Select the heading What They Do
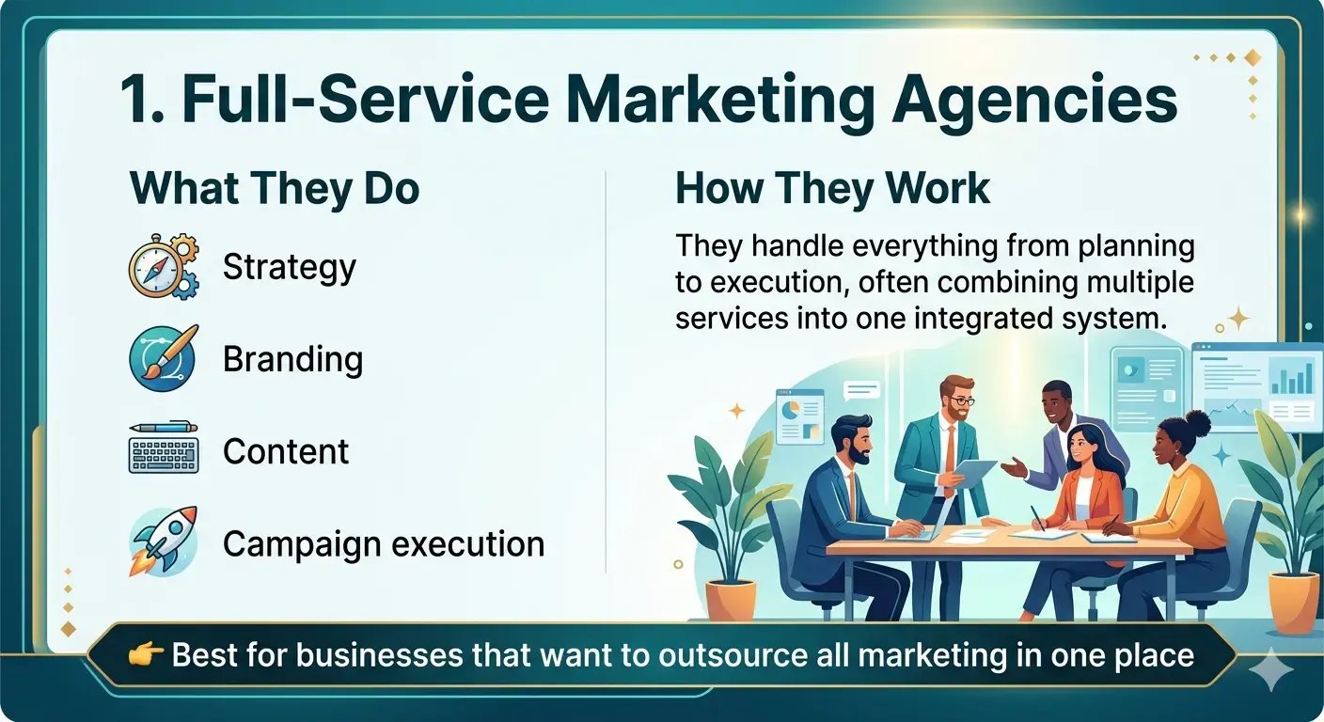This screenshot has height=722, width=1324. (275, 190)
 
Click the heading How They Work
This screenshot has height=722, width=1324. (833, 189)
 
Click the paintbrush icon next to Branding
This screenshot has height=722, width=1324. (164, 358)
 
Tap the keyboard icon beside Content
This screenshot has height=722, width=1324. (164, 449)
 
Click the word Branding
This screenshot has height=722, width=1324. (293, 359)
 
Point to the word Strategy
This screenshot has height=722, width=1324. (290, 268)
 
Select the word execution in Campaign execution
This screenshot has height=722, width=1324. (468, 543)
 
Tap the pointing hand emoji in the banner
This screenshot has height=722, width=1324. (145, 654)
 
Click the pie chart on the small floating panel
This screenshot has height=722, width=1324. (790, 409)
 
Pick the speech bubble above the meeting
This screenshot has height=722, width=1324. (861, 391)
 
